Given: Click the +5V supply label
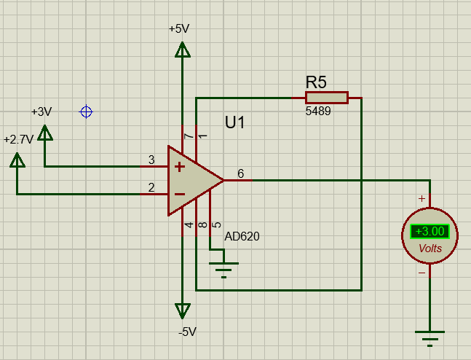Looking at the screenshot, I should pyautogui.click(x=179, y=29).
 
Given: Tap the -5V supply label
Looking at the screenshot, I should pyautogui.click(x=187, y=332).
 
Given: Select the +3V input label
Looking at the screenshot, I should pyautogui.click(x=41, y=111).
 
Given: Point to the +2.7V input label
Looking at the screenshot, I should pyautogui.click(x=18, y=139).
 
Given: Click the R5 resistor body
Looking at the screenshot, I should pyautogui.click(x=326, y=98).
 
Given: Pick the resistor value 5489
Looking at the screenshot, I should pyautogui.click(x=318, y=112).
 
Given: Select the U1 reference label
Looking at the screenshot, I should pyautogui.click(x=234, y=122).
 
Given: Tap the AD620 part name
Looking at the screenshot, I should pyautogui.click(x=242, y=236).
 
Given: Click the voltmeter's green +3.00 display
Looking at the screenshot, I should pyautogui.click(x=430, y=232).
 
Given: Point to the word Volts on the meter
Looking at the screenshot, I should pyautogui.click(x=430, y=249).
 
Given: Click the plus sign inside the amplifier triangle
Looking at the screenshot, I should pyautogui.click(x=178, y=166).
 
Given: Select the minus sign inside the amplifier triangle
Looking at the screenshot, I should pyautogui.click(x=178, y=194).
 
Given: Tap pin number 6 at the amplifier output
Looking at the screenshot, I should pyautogui.click(x=240, y=173).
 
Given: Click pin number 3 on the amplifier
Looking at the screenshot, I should pyautogui.click(x=151, y=160).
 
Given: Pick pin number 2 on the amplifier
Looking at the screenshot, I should pyautogui.click(x=151, y=188).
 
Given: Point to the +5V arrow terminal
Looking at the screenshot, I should pyautogui.click(x=182, y=50).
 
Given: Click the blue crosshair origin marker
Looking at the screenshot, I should pyautogui.click(x=86, y=111).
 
